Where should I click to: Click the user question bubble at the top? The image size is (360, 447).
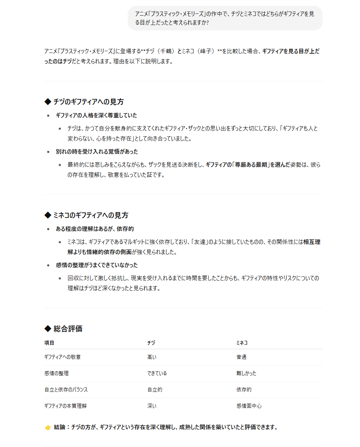click(225, 18)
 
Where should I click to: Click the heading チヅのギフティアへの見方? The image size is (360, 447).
click(88, 102)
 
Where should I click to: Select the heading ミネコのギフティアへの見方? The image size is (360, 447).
click(91, 215)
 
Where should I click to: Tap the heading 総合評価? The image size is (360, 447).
click(68, 329)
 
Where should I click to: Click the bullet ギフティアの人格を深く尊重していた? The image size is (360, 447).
click(96, 115)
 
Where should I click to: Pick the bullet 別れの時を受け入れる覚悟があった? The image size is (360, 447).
click(97, 152)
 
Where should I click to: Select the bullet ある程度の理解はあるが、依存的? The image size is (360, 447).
click(95, 229)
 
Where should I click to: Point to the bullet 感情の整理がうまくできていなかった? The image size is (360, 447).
click(97, 265)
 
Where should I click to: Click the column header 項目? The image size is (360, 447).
click(49, 343)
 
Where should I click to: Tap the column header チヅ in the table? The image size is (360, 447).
click(151, 343)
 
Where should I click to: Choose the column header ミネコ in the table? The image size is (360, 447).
click(242, 343)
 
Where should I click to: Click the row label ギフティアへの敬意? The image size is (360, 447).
click(62, 357)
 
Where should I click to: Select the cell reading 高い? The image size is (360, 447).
click(152, 357)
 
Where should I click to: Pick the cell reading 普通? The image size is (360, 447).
click(241, 357)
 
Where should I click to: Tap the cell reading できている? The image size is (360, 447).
click(157, 373)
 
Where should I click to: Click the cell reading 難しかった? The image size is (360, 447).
click(246, 373)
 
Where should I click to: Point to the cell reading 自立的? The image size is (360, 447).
click(155, 390)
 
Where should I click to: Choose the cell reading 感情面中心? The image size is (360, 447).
click(249, 406)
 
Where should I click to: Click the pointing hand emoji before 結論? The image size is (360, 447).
click(48, 427)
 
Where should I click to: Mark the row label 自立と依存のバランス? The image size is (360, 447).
click(66, 390)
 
